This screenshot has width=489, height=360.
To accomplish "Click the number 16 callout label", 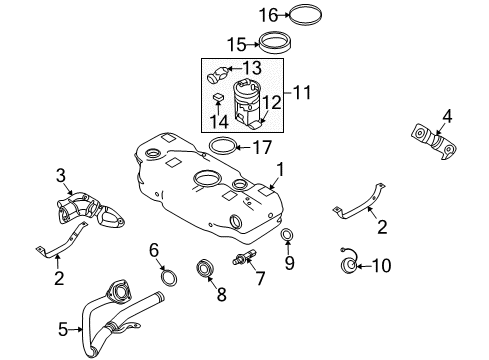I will point(267,14).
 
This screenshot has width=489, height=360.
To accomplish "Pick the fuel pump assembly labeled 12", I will point(247,104).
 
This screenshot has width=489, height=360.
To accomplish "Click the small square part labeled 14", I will point(218,98).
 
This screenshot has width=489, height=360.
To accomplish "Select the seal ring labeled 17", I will point(225,146).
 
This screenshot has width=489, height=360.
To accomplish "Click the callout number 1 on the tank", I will point(281,170).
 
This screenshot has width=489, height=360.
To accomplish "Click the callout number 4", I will point(447,117).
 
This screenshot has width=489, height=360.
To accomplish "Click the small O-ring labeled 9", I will point(287,236).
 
